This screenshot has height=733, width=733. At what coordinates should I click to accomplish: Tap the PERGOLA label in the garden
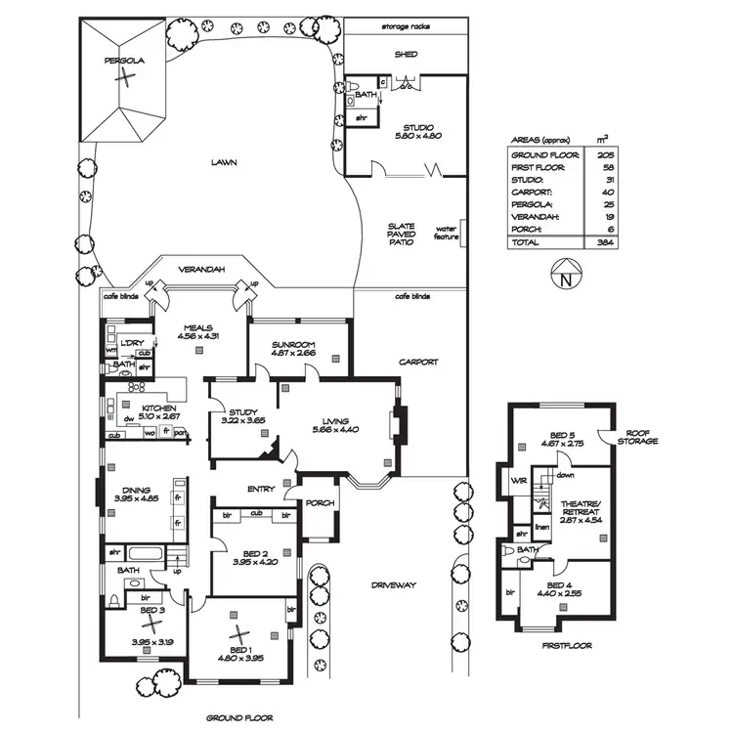(125, 61)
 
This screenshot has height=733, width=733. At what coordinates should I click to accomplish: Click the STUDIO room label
(417, 126)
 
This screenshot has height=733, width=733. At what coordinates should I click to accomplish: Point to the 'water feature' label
(447, 235)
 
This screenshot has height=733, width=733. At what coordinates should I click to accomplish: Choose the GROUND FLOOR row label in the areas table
(544, 154)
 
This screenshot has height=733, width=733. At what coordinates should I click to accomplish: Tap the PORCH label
(321, 503)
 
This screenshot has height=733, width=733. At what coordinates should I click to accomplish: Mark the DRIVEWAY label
(394, 584)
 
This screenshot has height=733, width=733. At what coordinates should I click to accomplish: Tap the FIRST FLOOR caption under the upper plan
(566, 646)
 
